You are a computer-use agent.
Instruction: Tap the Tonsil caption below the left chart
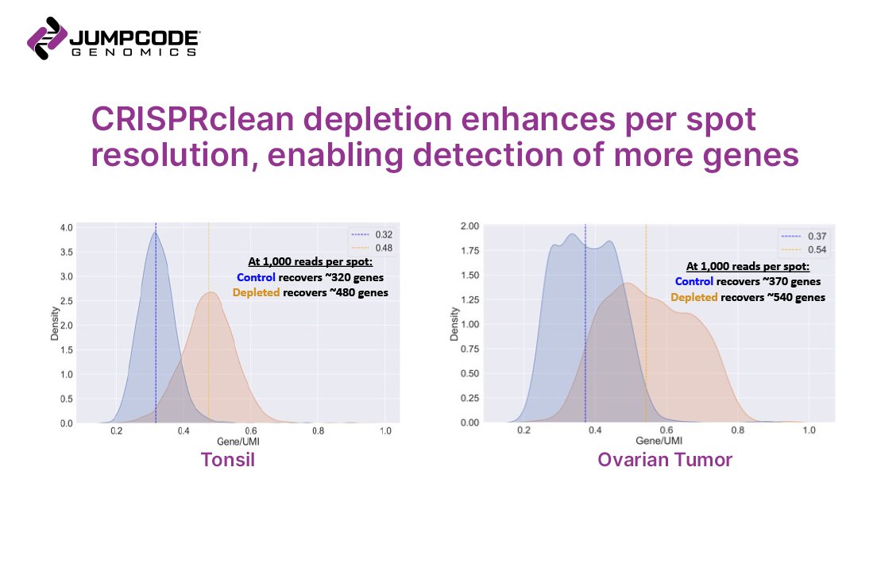(x=228, y=459)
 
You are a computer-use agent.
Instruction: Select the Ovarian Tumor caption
(x=665, y=459)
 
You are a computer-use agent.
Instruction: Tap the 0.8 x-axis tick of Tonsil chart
(x=318, y=431)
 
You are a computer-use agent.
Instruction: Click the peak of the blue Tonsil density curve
(x=155, y=233)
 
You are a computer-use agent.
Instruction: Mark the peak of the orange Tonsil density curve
(x=209, y=292)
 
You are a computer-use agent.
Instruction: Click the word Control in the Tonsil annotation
(x=257, y=278)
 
